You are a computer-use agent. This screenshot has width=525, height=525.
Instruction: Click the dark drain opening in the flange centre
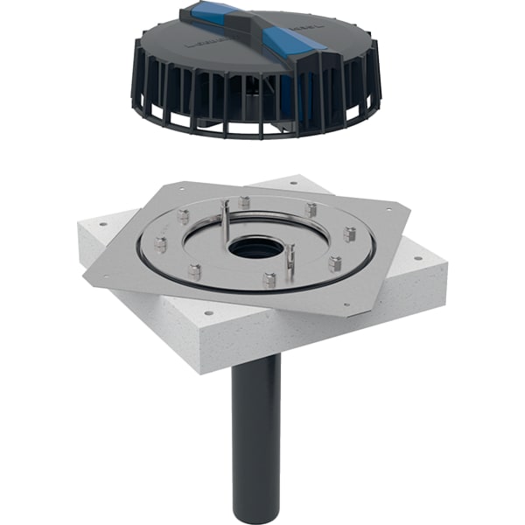coord(256,248)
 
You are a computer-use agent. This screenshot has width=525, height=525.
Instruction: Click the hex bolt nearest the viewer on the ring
coord(269,280)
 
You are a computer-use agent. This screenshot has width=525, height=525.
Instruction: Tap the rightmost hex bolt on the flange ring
coord(350,234)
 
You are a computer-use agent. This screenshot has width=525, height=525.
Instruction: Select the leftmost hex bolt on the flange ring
coord(160,244)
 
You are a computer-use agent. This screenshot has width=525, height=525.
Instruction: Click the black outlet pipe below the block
coord(257,420)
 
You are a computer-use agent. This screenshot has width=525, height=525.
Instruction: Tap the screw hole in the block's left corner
coord(104,225)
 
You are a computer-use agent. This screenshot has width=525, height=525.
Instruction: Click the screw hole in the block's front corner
coord(208,311)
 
